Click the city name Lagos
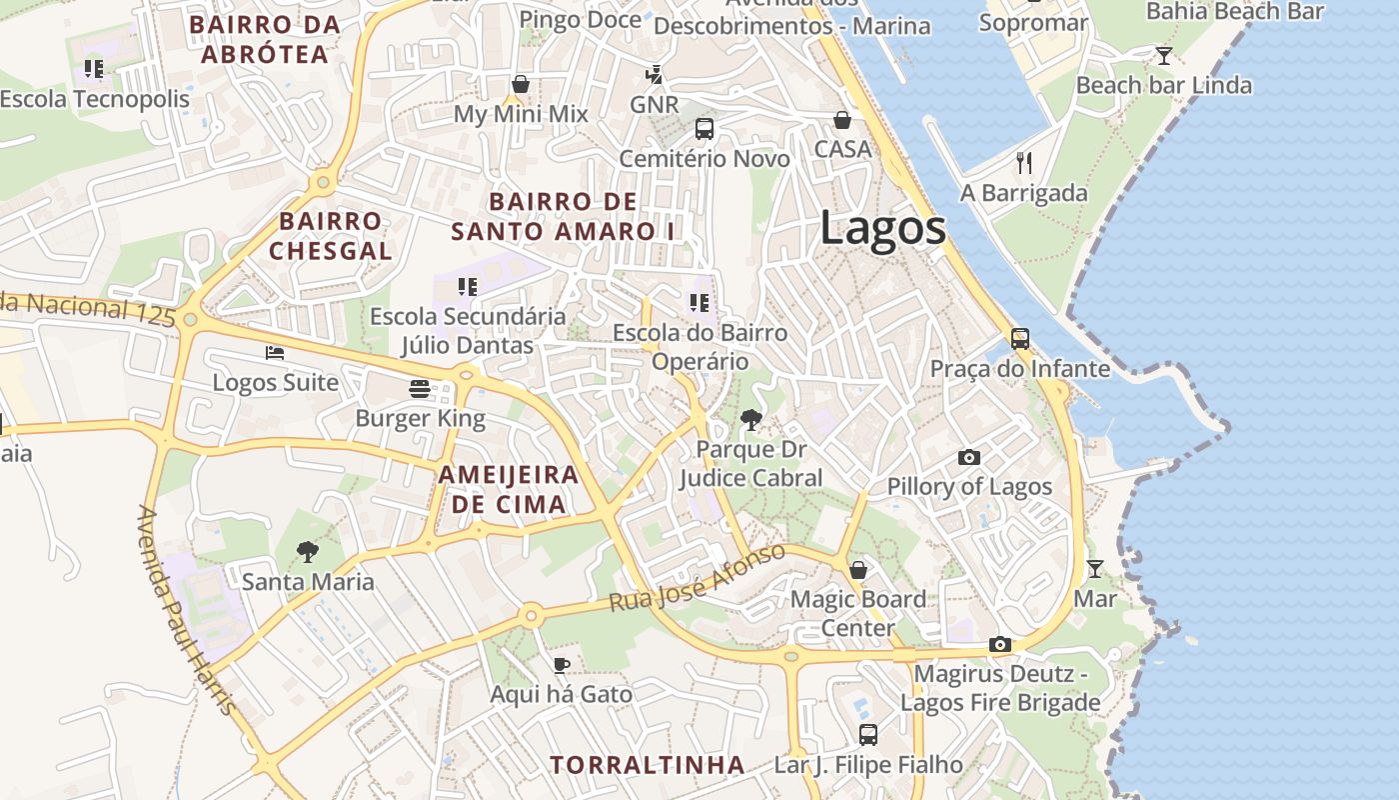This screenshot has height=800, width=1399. point(883,228)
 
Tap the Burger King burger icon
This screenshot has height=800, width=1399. point(420,389)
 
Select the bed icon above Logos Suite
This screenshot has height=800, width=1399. point(275,353)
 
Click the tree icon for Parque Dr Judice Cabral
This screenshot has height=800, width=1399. point(750,420)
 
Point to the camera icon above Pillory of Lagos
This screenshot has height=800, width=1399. point(969,457)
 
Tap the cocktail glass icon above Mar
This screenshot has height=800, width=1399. point(1095,569)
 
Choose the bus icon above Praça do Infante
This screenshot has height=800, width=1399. point(1019,339)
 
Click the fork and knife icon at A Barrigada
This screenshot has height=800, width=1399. point(1024,162)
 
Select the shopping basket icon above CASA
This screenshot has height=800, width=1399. point(842,120)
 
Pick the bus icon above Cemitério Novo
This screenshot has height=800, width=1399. point(704,129)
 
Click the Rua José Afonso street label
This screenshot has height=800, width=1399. point(698,579)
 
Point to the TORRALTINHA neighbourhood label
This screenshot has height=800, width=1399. point(648,765)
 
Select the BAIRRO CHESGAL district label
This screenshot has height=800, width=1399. point(331,235)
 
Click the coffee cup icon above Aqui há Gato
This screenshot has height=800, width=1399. point(562,665)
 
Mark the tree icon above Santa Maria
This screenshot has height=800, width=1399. point(308,551)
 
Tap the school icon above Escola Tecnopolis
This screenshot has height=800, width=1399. point(94,69)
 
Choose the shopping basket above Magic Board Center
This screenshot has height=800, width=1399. point(857,570)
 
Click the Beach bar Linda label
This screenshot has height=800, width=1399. point(1163,85)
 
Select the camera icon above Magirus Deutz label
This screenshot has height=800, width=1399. point(999,645)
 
